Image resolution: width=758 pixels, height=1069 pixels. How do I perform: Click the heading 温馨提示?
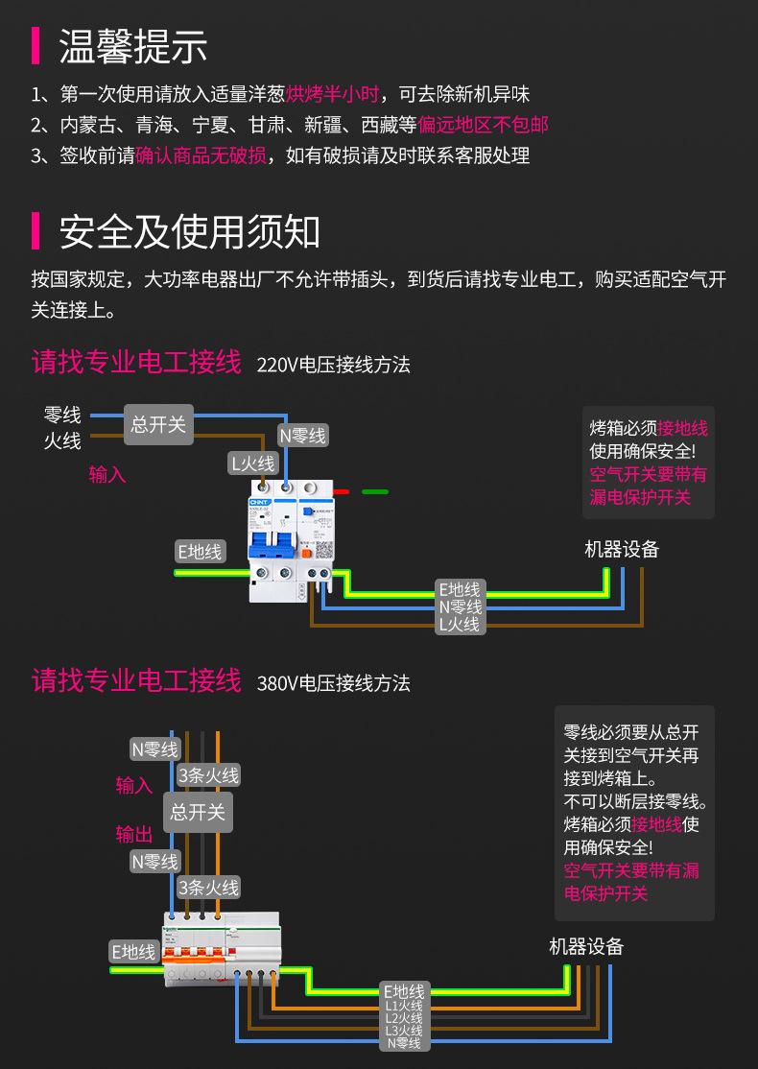pos(133,46)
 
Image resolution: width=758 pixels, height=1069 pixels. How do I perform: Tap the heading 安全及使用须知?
pos(189,232)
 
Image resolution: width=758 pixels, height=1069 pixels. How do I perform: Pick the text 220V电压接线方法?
pos(333,365)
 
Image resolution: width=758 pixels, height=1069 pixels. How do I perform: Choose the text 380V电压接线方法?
pos(333,683)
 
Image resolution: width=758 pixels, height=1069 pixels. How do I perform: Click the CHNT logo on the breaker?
pos(261,503)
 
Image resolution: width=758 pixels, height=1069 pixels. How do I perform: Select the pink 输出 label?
pos(134,834)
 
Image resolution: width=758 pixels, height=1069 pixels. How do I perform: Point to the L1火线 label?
pos(404,1005)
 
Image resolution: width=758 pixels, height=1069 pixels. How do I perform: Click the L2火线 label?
pos(404,1017)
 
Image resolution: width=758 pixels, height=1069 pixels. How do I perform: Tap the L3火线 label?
pos(404,1030)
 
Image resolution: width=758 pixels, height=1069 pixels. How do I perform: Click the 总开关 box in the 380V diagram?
pos(198,812)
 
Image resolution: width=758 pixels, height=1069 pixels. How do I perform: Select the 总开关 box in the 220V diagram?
pos(158,424)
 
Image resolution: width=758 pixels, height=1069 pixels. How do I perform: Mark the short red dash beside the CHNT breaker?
pos(342,491)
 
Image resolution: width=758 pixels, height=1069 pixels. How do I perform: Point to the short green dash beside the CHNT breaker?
pos(375,491)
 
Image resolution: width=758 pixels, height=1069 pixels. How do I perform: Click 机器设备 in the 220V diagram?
pos(622,550)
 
